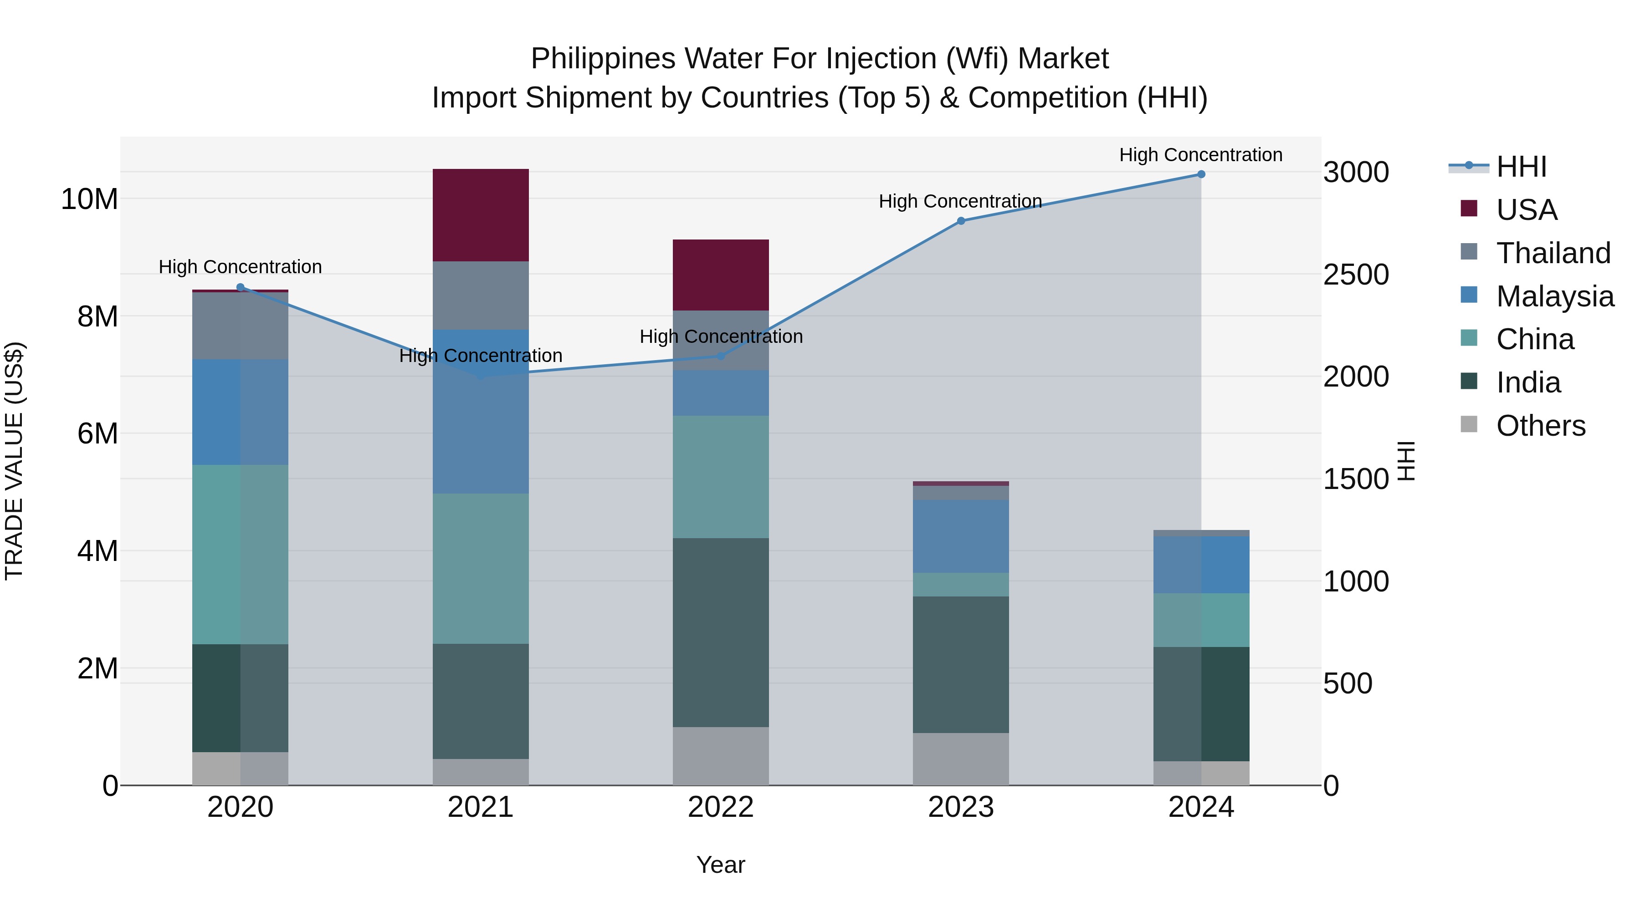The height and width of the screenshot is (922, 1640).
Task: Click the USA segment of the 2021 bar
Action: click(481, 215)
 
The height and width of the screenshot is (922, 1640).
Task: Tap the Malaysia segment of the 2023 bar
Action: click(961, 536)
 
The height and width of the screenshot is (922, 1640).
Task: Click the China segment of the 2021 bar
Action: click(481, 568)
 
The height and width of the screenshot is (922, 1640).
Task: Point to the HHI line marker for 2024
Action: click(1201, 174)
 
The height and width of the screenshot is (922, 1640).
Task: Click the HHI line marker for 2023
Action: click(961, 221)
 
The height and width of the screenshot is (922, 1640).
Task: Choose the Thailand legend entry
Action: click(1553, 253)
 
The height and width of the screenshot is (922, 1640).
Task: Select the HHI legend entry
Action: click(1521, 167)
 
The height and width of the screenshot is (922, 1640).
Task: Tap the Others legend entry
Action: click(1540, 426)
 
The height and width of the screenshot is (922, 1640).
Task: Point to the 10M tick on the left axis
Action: click(89, 199)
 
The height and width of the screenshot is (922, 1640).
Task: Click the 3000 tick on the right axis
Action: click(1356, 173)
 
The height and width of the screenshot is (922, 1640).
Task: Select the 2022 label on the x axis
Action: click(721, 807)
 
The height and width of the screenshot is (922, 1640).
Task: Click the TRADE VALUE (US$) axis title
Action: click(14, 461)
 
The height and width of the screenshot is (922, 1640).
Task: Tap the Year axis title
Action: click(721, 865)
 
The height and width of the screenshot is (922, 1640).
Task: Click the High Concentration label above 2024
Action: click(1201, 155)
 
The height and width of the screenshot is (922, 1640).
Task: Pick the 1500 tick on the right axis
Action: click(1356, 479)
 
